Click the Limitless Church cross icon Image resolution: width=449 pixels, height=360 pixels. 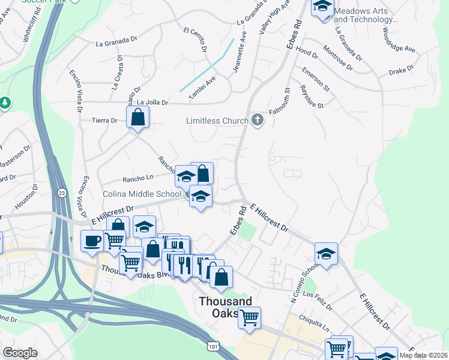click(x=258, y=120)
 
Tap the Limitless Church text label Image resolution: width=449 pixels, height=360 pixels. click(x=217, y=121)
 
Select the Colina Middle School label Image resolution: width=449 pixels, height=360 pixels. click(x=142, y=194)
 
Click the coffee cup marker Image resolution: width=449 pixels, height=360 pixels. click(x=92, y=241)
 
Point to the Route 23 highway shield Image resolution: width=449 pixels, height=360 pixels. click(x=62, y=193)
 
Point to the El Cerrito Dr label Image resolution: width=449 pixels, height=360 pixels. click(x=196, y=39)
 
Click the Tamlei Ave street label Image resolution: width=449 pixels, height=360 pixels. click(x=202, y=88)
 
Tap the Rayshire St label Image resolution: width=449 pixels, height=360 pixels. click(x=312, y=96)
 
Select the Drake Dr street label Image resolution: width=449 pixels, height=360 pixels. click(x=402, y=71)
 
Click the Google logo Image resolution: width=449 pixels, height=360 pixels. click(x=20, y=353)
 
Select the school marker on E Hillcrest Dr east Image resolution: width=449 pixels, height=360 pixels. click(x=326, y=253)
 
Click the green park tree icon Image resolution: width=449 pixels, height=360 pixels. click(x=5, y=103)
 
